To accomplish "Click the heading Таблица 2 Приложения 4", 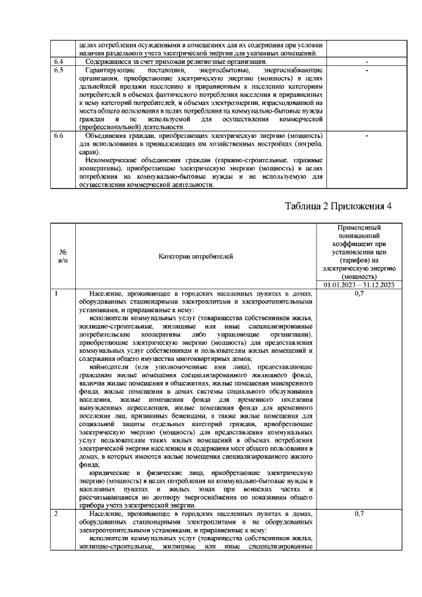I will (338, 206).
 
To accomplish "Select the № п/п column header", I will (63, 256).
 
